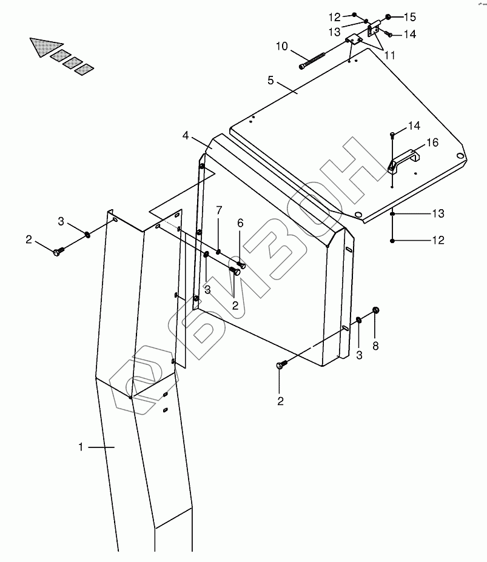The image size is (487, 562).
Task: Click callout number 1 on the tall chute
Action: pos(81,447)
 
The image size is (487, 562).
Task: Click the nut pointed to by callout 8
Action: pos(375,310)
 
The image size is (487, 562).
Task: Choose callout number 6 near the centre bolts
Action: pos(240,224)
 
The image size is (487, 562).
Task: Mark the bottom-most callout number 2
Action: pos(280,400)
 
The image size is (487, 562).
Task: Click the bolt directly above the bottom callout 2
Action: pos(280,365)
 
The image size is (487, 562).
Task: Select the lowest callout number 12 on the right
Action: pos(438,240)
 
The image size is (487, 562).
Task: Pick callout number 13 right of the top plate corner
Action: pos(438,213)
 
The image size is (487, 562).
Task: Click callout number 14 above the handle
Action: pos(414,125)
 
